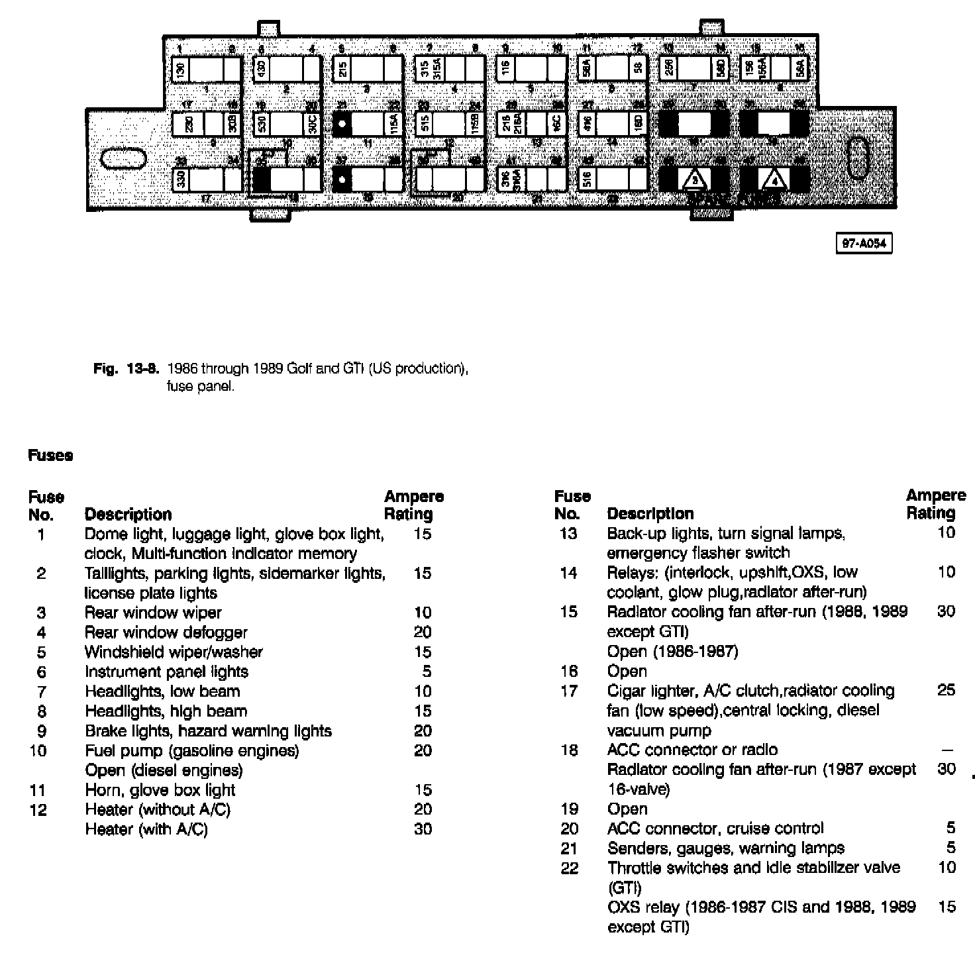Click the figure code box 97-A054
(x=863, y=244)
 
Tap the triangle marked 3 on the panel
(x=694, y=179)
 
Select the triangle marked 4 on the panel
(x=774, y=179)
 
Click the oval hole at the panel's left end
(x=123, y=159)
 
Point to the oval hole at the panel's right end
(x=859, y=158)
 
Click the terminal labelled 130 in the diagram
(x=180, y=70)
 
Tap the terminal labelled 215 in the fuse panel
(x=342, y=70)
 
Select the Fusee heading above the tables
(x=50, y=456)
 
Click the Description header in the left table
(x=128, y=515)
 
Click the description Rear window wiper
(x=153, y=613)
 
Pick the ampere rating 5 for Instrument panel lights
(x=427, y=672)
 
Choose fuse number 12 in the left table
(x=38, y=809)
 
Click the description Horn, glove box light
(x=160, y=789)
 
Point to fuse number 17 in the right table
(x=569, y=691)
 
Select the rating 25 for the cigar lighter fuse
(x=946, y=690)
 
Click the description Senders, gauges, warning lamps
(x=725, y=848)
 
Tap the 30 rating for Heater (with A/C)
(x=423, y=829)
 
